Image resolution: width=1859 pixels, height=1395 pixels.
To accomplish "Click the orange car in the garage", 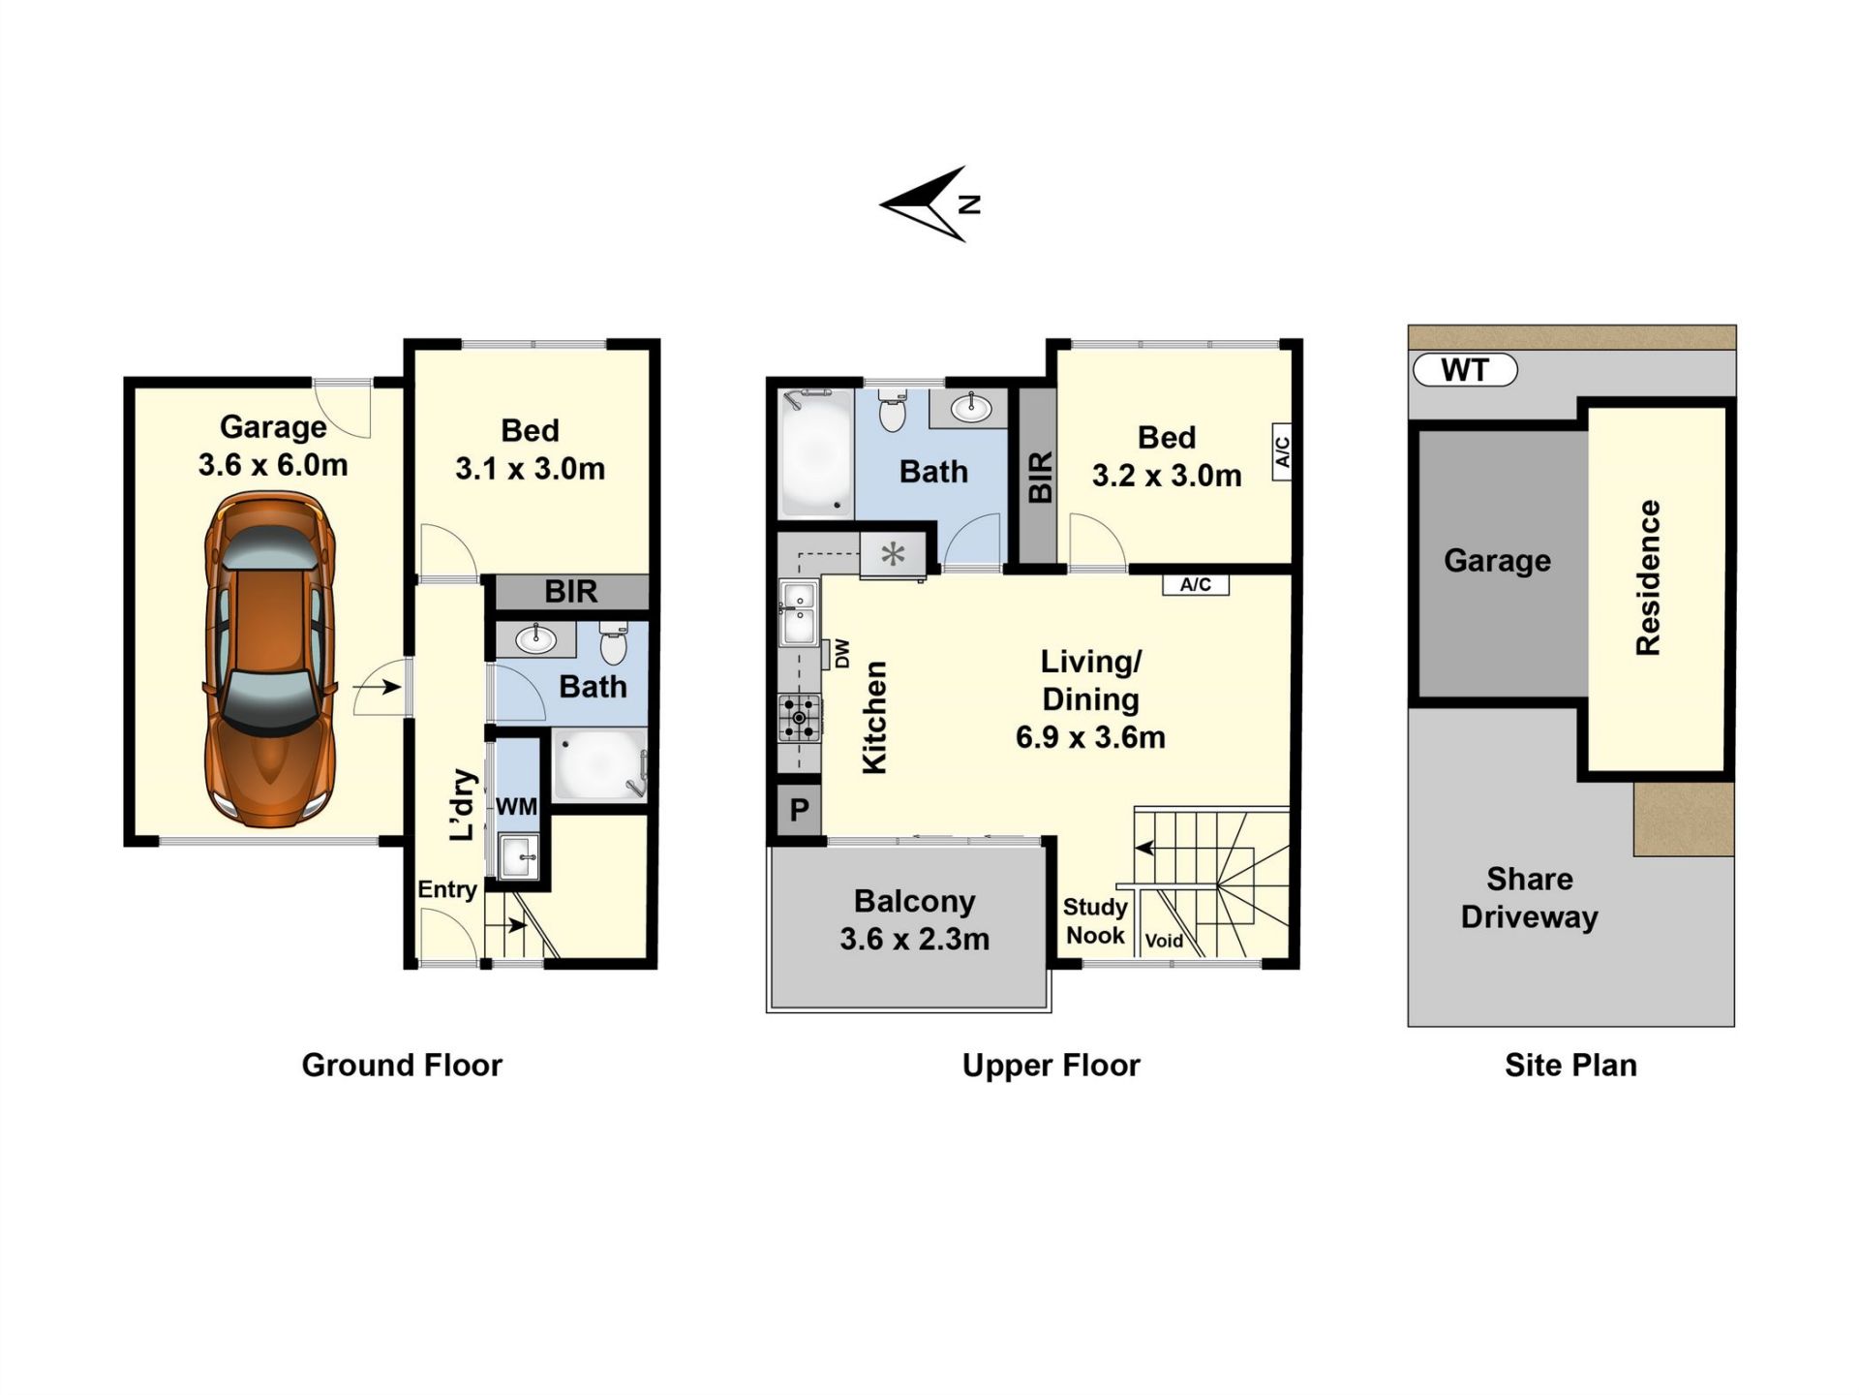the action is point(270,660).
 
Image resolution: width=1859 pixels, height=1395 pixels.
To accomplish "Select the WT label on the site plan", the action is point(1465,370).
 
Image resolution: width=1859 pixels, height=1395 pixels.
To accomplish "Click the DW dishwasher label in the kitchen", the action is point(841,654).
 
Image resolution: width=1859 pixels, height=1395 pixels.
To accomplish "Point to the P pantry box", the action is point(799,809).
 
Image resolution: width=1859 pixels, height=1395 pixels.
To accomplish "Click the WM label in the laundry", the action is point(516,807).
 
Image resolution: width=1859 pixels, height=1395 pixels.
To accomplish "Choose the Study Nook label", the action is point(1095,921).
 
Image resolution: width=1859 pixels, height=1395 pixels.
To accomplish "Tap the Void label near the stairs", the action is point(1164,941).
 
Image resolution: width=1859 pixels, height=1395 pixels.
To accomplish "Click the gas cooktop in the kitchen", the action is point(800,718).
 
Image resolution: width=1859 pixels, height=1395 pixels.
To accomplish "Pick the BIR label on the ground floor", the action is point(570,592).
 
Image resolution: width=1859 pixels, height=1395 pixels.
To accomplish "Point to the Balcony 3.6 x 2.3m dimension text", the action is point(915,940).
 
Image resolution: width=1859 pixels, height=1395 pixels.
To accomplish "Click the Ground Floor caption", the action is point(402,1066).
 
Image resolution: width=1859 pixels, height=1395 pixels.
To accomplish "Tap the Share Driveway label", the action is point(1530,898).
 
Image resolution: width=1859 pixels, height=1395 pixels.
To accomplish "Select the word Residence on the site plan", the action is point(1648,577).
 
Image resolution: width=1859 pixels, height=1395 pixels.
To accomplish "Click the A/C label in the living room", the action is point(1196,585).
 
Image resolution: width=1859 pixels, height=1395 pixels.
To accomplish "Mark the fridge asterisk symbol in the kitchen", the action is point(893,555).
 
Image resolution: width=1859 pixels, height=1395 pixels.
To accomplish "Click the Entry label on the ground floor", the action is point(447,890).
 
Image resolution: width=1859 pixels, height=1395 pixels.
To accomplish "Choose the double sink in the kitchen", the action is point(800,613).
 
